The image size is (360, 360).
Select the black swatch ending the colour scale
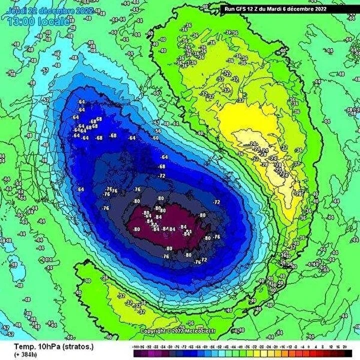pyautogui.click(x=348, y=353)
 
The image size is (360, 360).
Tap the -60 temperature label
pyautogui.click(x=156, y=137)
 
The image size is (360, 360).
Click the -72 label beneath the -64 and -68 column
pyautogui.click(x=162, y=176)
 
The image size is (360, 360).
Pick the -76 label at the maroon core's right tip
pyautogui.click(x=217, y=236)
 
